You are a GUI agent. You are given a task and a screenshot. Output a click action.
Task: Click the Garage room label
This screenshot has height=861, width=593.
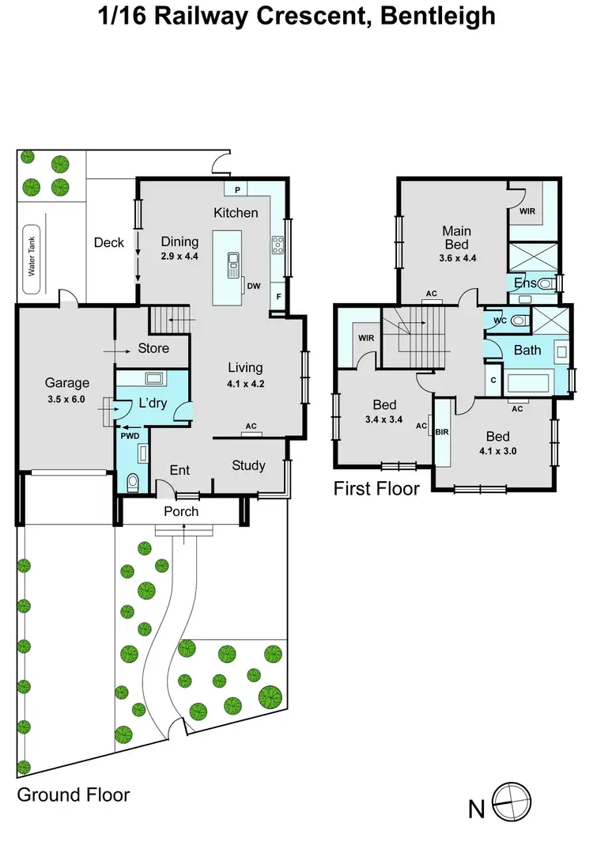67,383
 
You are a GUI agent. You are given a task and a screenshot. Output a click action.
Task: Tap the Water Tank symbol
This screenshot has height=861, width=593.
33,256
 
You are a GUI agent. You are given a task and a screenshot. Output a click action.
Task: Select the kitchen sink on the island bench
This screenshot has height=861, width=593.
234,264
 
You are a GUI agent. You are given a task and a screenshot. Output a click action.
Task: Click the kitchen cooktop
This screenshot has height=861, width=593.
278,245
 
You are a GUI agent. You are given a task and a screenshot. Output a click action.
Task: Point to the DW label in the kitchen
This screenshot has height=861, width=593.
254,286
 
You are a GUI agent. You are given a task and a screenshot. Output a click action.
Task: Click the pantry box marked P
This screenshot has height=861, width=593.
236,189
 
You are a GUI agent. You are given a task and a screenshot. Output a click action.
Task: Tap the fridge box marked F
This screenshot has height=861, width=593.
278,298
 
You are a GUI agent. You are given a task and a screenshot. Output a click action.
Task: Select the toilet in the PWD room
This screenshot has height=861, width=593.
132,480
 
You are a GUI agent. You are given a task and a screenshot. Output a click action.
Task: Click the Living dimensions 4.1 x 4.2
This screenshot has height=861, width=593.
245,385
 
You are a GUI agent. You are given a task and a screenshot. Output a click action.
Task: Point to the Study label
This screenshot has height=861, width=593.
248,465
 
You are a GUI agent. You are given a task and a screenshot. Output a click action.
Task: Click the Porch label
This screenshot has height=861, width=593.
181,511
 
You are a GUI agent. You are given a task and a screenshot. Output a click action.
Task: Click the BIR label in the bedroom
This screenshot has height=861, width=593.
442,433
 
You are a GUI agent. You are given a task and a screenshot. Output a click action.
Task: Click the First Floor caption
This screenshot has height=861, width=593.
376,488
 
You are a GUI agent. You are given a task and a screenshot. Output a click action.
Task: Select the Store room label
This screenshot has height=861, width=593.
153,348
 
